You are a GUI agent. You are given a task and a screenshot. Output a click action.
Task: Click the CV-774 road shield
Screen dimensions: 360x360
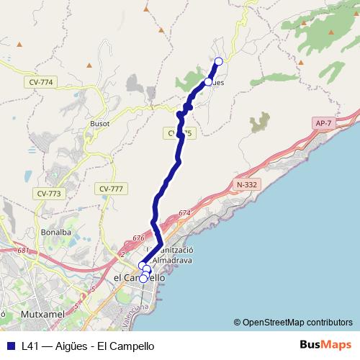(x=43, y=82)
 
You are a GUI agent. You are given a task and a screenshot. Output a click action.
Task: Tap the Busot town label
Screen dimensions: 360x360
(x=99, y=123)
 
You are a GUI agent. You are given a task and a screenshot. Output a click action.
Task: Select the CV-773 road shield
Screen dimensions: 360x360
(x=50, y=194)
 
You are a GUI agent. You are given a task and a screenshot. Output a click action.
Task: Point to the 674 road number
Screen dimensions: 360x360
(x=184, y=213)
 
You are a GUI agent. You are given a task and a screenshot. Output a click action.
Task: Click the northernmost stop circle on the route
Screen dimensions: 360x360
(x=218, y=61)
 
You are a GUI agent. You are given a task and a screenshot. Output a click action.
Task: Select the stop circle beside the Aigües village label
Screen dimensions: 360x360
(x=207, y=82)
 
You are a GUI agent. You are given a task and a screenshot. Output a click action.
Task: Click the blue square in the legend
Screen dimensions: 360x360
(x=11, y=346)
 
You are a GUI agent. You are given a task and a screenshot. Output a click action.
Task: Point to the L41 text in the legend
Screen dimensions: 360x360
(x=30, y=346)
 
